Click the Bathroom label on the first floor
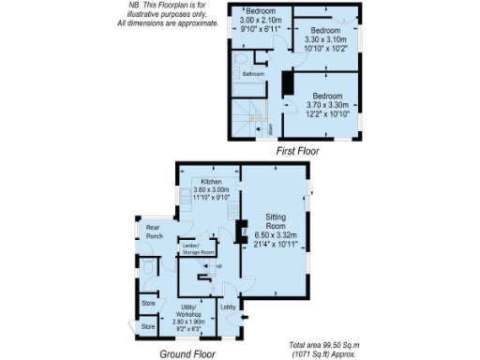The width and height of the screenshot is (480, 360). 253,74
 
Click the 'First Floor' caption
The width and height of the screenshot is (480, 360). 297,149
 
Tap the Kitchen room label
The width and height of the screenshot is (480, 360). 208,180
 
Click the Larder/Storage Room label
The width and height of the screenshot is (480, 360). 198,248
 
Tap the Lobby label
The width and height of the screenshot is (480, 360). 228,307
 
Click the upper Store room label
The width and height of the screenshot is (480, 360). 148,304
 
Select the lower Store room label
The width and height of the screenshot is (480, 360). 148,326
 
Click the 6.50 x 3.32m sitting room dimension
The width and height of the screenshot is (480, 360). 276,235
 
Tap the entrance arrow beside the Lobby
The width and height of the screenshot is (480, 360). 247,318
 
